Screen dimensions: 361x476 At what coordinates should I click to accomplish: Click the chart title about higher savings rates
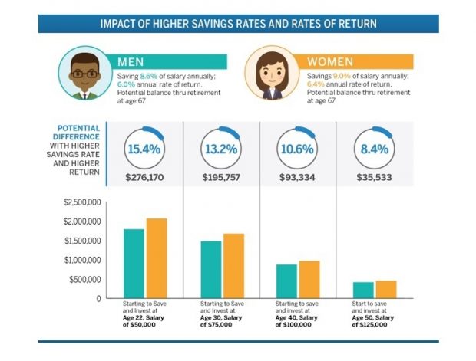tap(238, 23)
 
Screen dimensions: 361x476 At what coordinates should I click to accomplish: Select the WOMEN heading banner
tap(361, 61)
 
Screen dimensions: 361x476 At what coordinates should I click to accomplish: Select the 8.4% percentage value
tap(372, 149)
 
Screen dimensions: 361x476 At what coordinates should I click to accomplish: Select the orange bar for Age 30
tap(233, 265)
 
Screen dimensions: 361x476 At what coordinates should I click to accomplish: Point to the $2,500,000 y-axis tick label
tap(80, 202)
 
